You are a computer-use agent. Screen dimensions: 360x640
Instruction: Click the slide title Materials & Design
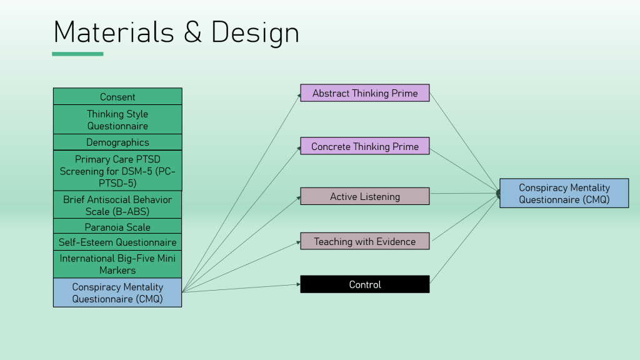click(x=176, y=32)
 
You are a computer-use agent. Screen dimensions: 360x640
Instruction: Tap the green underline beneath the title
click(x=77, y=54)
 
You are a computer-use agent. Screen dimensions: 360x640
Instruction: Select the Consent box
click(x=117, y=97)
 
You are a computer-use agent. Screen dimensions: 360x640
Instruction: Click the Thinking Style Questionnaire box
click(x=117, y=119)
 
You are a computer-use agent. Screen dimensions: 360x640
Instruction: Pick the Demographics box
click(x=117, y=142)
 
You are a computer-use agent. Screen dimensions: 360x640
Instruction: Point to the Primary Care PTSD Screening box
click(x=117, y=171)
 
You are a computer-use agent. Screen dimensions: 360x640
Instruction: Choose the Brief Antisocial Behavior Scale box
click(x=117, y=205)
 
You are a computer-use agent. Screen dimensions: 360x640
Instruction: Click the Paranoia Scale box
click(x=117, y=227)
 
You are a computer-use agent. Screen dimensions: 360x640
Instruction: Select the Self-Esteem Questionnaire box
click(x=117, y=242)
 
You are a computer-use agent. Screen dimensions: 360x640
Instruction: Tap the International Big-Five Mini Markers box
click(x=117, y=264)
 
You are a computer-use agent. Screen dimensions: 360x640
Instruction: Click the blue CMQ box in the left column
click(x=117, y=292)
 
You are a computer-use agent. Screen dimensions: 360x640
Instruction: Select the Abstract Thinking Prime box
click(x=365, y=93)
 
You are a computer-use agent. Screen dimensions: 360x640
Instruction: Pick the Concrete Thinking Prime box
click(x=365, y=146)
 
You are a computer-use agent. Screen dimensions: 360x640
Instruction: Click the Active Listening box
click(x=365, y=196)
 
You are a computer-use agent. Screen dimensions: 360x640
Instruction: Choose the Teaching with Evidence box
click(x=365, y=241)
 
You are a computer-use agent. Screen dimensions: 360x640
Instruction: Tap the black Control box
click(x=365, y=284)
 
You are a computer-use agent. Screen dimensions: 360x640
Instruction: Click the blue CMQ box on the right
click(x=564, y=193)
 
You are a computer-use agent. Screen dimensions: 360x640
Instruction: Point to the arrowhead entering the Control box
click(x=298, y=284)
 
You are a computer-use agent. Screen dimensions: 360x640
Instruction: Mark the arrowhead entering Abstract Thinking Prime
click(x=298, y=94)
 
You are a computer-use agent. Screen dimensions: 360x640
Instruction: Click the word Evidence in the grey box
click(x=395, y=241)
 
